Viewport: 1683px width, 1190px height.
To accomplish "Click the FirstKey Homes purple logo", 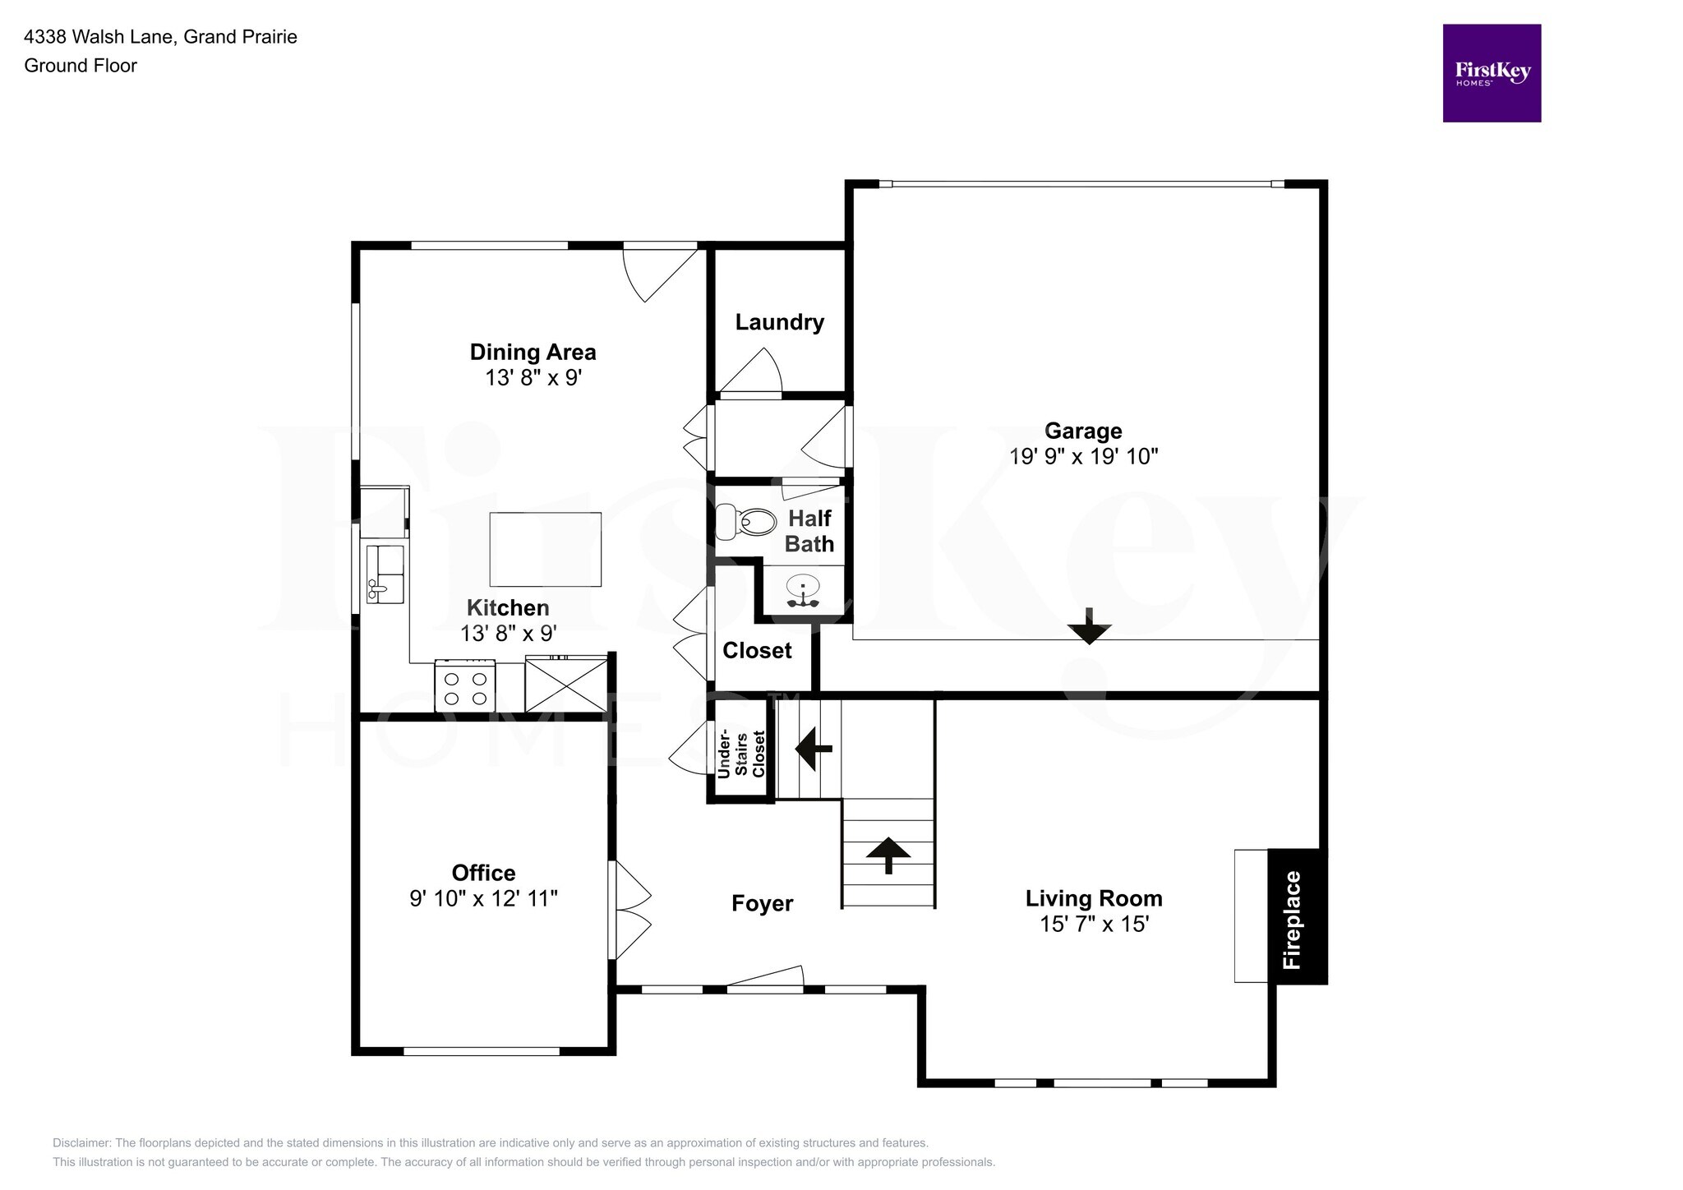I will (1491, 73).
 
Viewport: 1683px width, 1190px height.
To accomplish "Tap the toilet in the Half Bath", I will (746, 521).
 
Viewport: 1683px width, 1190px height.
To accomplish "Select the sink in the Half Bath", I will (803, 589).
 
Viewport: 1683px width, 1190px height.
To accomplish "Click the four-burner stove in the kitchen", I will (465, 688).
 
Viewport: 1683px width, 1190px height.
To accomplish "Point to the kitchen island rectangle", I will (545, 549).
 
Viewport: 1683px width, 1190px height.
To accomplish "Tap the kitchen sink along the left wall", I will (385, 573).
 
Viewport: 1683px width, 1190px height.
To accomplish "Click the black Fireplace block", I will (1296, 916).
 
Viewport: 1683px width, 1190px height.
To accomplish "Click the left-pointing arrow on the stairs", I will (814, 749).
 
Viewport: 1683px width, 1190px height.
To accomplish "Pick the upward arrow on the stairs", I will (888, 856).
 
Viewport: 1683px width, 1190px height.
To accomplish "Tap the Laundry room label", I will (779, 322).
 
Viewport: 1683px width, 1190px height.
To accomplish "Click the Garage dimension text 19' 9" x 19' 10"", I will (1083, 456).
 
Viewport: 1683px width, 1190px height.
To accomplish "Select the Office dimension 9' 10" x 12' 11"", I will (483, 898).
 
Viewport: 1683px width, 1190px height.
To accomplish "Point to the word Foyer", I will (762, 903).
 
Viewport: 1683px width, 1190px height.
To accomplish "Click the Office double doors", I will (631, 910).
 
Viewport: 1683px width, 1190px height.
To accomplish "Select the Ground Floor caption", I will (81, 66).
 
